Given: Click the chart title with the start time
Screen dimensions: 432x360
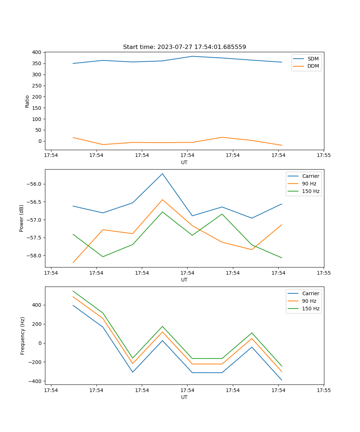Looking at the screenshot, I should point(184,47).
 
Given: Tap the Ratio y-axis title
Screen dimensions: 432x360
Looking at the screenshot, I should point(27,101).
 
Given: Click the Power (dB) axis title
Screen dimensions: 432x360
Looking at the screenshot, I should point(22,218).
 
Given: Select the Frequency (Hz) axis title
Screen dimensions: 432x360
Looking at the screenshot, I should point(23,336).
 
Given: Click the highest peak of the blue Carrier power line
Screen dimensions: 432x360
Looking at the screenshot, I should point(162,174).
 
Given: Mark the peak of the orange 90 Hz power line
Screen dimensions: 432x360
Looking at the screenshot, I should point(162,199).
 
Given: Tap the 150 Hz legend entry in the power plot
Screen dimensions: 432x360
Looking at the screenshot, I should point(311,191).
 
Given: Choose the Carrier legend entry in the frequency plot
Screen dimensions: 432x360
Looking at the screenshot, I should point(310,293).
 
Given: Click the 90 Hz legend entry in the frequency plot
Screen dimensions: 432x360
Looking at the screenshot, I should point(309,301).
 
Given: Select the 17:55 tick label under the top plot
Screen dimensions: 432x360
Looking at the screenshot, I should point(324,156).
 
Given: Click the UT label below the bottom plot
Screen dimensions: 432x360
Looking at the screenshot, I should point(184,397).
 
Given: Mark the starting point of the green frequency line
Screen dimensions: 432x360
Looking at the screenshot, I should point(73,291).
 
